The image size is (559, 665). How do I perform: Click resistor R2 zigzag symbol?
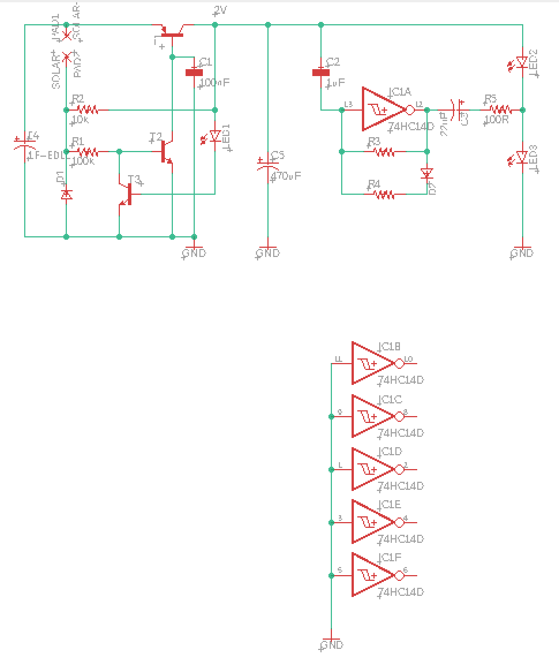[x=88, y=109]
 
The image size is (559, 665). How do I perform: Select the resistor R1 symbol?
[x=88, y=152]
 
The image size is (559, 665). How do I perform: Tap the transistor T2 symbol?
[x=166, y=152]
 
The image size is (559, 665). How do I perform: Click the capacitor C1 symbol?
[x=194, y=73]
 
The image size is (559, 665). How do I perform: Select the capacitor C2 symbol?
[x=321, y=73]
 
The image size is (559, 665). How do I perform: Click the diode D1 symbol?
[x=66, y=194]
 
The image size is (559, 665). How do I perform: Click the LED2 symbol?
[x=522, y=62]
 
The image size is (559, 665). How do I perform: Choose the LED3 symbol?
[x=522, y=157]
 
